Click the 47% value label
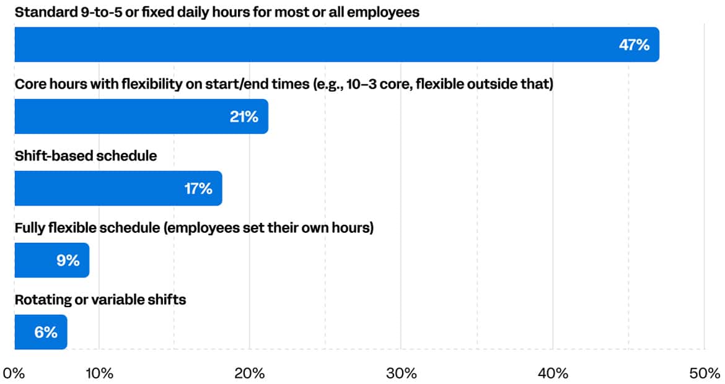634,45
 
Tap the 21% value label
244,116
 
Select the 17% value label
198,189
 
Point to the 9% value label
68,261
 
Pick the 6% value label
46,333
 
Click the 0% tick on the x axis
14,373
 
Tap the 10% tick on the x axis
99,373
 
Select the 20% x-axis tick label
250,373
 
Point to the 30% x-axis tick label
401,373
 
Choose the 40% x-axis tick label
553,373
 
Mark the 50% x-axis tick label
704,373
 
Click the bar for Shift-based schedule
118,188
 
